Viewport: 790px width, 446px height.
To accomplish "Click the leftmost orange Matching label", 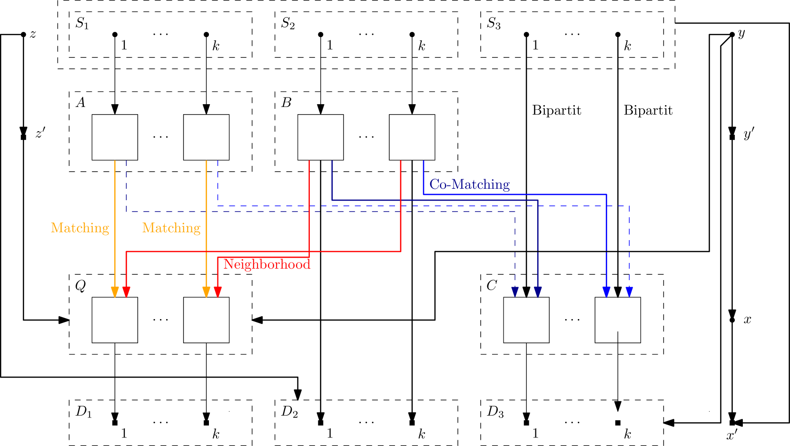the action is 80,228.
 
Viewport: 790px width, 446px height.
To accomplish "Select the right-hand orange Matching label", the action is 171,228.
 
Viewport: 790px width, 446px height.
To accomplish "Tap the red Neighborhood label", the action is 267,264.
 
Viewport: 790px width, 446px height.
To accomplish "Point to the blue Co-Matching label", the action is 469,184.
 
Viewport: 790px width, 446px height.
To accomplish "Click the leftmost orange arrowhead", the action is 115,292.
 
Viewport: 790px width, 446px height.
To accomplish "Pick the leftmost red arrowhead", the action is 126,292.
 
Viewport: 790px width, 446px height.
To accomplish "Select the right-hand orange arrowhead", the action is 206,292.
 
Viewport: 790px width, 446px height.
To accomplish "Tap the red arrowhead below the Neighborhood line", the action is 217,292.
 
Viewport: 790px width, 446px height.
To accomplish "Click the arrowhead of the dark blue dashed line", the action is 515,292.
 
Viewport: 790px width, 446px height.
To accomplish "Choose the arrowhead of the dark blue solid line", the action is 538,292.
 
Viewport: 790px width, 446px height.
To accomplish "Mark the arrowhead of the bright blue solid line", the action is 606,292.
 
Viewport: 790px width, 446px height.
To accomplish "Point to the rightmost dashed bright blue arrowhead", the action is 629,292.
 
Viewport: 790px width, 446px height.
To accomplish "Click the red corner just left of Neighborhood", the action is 217,257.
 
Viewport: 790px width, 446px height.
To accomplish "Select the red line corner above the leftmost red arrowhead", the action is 126,252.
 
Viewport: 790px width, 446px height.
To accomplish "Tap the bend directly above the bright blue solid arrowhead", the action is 606,194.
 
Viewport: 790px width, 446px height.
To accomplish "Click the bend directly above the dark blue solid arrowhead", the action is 538,200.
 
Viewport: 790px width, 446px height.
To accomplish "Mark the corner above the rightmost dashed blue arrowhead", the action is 629,206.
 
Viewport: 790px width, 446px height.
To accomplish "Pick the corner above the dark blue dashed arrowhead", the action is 515,212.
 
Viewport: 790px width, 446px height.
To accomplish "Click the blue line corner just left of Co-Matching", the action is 424,194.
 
